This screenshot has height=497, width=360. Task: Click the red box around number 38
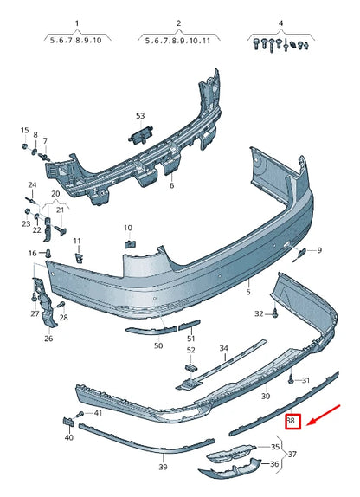pyautogui.click(x=292, y=422)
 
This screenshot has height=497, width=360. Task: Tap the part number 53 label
pyautogui.click(x=141, y=115)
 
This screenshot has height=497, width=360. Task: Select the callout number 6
pyautogui.click(x=171, y=185)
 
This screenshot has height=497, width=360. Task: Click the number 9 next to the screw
pyautogui.click(x=318, y=250)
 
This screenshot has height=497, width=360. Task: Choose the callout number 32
pyautogui.click(x=259, y=313)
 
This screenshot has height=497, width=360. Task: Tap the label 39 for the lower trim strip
pyautogui.click(x=163, y=467)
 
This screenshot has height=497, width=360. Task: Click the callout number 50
pyautogui.click(x=158, y=345)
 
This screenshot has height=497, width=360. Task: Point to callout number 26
pyautogui.click(x=48, y=339)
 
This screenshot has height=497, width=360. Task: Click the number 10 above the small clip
pyautogui.click(x=128, y=228)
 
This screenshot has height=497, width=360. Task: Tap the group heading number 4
pyautogui.click(x=280, y=24)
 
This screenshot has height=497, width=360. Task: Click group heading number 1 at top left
pyautogui.click(x=75, y=24)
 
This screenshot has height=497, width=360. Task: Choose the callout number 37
pyautogui.click(x=292, y=455)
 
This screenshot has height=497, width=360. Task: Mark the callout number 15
pyautogui.click(x=24, y=130)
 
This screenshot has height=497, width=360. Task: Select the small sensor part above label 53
pyautogui.click(x=140, y=132)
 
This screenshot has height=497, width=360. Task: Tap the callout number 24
pyautogui.click(x=32, y=184)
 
